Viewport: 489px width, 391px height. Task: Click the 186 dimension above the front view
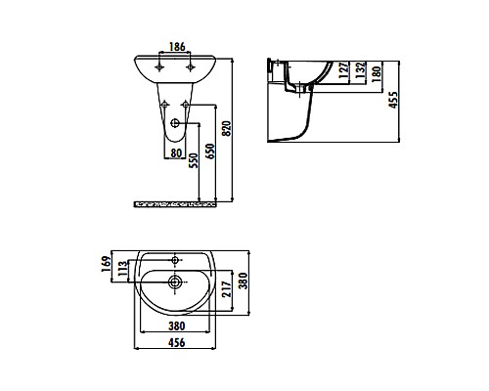point(176,46)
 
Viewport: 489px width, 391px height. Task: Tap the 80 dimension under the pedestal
point(177,152)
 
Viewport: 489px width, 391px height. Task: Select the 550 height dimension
point(193,160)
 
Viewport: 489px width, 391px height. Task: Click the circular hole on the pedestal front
point(176,124)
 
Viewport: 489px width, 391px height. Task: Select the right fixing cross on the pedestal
point(188,106)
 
